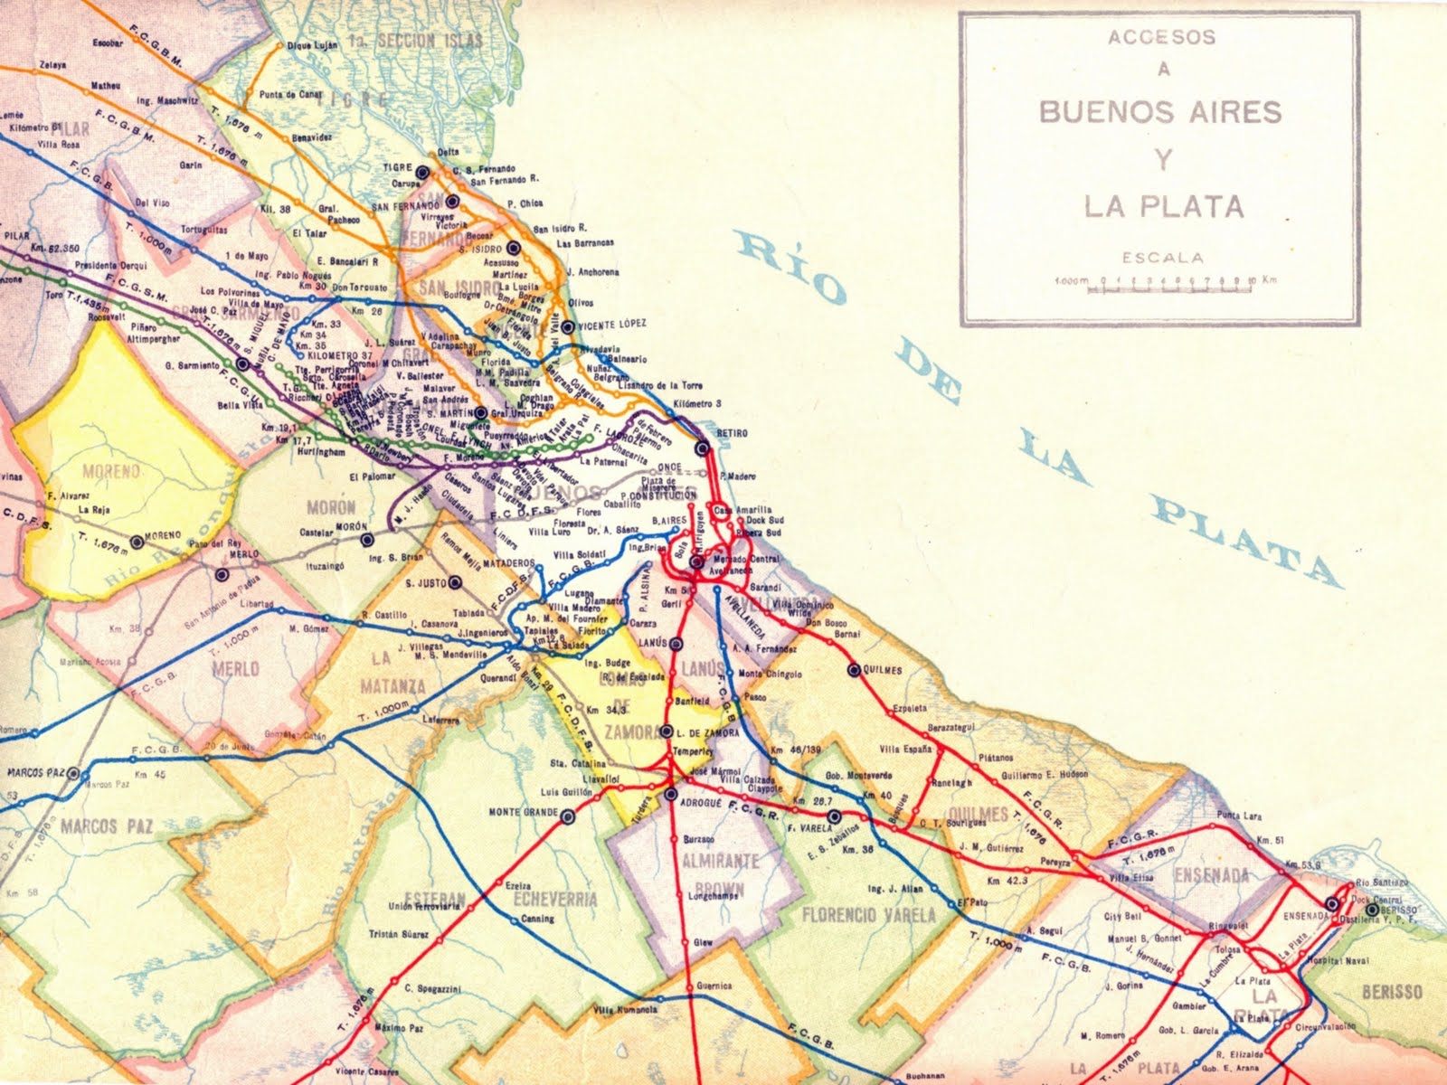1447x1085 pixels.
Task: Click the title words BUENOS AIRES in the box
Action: [1160, 112]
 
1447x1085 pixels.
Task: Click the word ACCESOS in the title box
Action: [1162, 38]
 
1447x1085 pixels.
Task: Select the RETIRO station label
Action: [732, 433]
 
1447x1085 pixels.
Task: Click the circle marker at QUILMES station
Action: [853, 670]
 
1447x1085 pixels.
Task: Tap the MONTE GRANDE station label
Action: [523, 812]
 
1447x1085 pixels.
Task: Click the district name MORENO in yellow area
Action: [111, 471]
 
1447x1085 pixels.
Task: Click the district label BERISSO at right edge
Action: [1392, 992]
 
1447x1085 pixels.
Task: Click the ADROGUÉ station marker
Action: [670, 794]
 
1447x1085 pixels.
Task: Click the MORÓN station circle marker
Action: [367, 541]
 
